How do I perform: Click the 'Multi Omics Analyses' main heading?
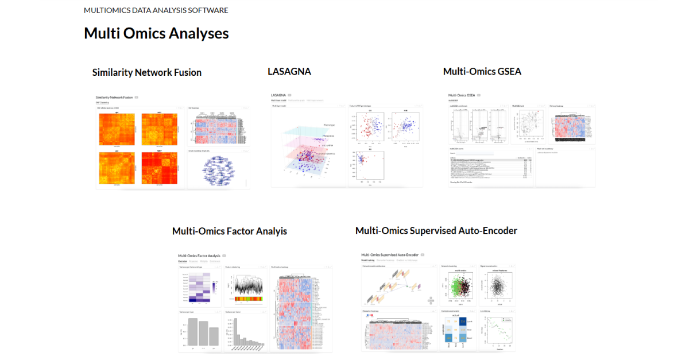click(x=156, y=33)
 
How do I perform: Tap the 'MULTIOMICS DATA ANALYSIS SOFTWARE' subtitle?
click(x=156, y=10)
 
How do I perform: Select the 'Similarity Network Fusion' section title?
click(x=147, y=72)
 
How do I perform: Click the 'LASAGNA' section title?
click(x=289, y=71)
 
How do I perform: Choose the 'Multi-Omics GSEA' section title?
click(x=482, y=71)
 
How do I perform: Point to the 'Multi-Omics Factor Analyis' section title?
click(x=230, y=231)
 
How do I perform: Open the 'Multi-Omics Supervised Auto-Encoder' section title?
click(x=436, y=230)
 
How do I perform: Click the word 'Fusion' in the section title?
click(x=187, y=72)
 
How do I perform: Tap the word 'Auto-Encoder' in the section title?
click(x=490, y=230)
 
